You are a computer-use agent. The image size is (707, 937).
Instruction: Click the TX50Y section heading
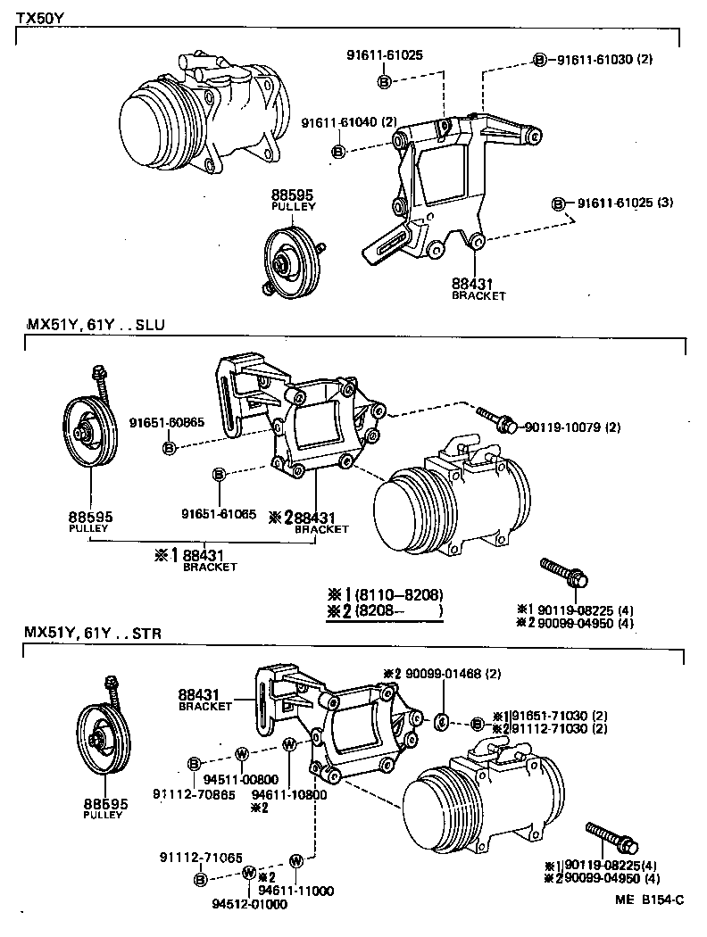(x=39, y=17)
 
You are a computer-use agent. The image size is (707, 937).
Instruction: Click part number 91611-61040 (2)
(x=348, y=122)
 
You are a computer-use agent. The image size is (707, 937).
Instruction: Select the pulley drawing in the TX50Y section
(x=292, y=263)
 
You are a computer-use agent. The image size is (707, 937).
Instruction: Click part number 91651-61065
(x=219, y=513)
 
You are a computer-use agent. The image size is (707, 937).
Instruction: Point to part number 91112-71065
(x=196, y=857)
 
